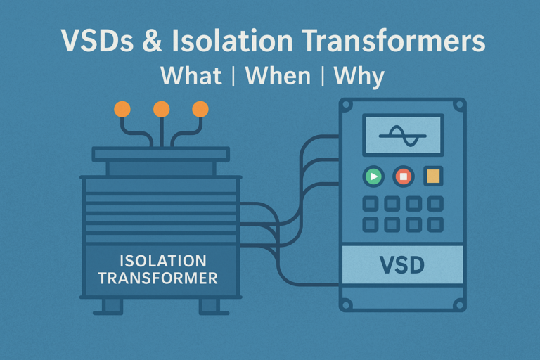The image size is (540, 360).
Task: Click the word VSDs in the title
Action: (97, 41)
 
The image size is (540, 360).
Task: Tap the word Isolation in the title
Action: (232, 40)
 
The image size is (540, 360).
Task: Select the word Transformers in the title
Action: (394, 40)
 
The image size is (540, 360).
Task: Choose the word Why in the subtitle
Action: (359, 77)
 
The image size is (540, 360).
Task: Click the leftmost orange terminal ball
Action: (122, 110)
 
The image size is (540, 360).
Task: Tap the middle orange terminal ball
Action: (162, 110)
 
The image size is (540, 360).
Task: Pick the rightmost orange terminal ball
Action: (200, 110)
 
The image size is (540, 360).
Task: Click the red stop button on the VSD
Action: (404, 176)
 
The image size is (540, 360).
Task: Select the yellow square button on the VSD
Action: (433, 176)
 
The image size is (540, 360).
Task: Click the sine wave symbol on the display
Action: (403, 136)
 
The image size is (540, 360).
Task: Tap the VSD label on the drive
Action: (402, 265)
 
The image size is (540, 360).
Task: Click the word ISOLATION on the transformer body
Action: (163, 261)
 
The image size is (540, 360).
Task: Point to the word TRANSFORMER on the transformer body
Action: (158, 278)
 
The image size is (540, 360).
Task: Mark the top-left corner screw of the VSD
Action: (347, 105)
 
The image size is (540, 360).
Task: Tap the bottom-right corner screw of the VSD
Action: (459, 305)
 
